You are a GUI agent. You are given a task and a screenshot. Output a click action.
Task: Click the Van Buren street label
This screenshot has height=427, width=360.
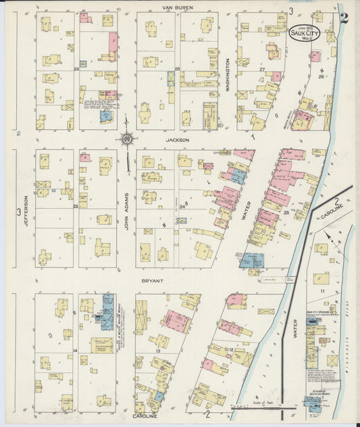click(177, 7)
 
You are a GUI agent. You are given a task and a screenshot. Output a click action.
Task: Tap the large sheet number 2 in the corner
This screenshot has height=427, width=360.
click(344, 18)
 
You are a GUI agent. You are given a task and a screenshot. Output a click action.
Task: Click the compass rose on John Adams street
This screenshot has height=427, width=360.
click(126, 140)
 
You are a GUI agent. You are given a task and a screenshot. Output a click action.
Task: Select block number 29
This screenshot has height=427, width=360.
click(76, 69)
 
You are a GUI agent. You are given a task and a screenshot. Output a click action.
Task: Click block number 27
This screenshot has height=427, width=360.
click(261, 69)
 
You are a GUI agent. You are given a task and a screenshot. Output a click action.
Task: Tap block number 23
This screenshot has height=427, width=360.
click(76, 206)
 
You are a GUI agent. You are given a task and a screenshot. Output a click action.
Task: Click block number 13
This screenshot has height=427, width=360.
click(157, 351)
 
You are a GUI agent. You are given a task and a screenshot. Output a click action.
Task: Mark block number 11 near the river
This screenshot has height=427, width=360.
click(323, 291)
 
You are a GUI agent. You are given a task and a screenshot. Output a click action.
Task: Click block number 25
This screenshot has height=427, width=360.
click(286, 213)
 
